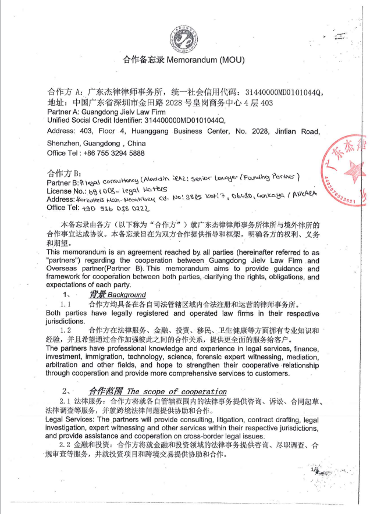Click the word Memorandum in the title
pyautogui.click(x=196, y=60)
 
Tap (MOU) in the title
pyautogui.click(x=234, y=60)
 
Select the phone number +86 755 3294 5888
pyautogui.click(x=112, y=153)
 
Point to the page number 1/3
pyautogui.click(x=316, y=469)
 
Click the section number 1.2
pyautogui.click(x=66, y=330)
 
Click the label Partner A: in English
pyautogui.click(x=63, y=112)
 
